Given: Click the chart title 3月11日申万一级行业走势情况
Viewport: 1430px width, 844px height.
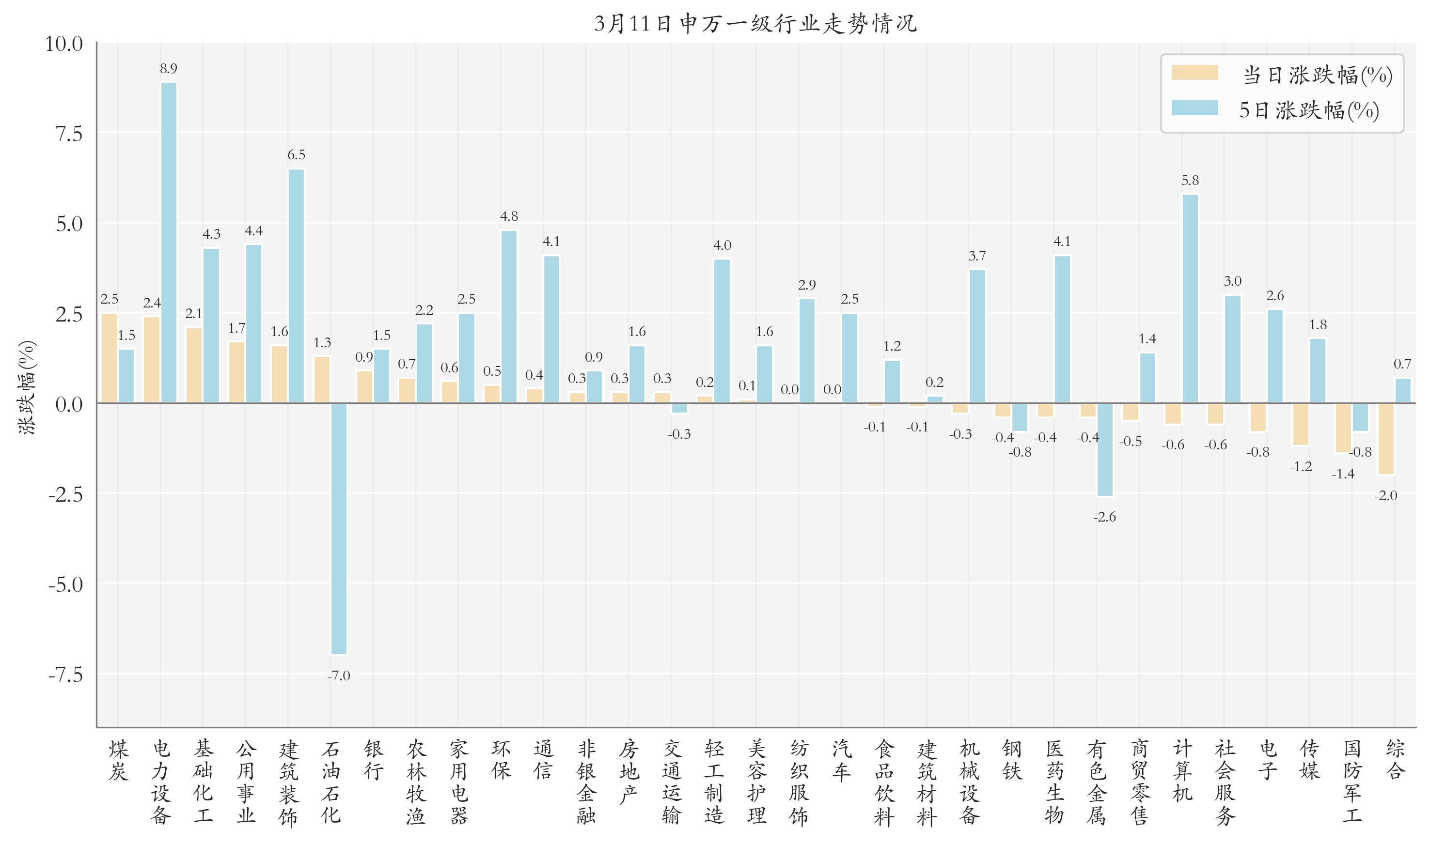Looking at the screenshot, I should pyautogui.click(x=755, y=24).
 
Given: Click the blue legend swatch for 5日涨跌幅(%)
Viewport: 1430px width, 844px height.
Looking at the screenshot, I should pyautogui.click(x=1194, y=108).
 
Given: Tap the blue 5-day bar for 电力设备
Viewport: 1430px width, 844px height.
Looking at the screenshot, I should pyautogui.click(x=169, y=242).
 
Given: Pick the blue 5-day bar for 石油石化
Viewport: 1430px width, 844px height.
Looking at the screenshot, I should pyautogui.click(x=339, y=528).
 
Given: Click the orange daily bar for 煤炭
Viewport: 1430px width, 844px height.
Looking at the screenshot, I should pyautogui.click(x=109, y=358).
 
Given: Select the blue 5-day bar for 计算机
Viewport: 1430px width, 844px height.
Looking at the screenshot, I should pyautogui.click(x=1190, y=299).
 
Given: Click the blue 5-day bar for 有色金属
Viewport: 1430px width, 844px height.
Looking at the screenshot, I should pyautogui.click(x=1104, y=449).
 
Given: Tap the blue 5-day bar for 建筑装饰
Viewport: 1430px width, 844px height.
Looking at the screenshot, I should pyautogui.click(x=296, y=286).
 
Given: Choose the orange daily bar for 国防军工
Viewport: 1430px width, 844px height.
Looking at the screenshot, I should pyautogui.click(x=1343, y=428).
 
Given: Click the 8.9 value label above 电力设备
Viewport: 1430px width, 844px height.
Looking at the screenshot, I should pyautogui.click(x=169, y=69).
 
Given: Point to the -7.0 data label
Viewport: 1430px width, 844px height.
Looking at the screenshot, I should pyautogui.click(x=339, y=675).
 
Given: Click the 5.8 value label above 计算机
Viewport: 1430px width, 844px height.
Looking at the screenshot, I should pyautogui.click(x=1190, y=181).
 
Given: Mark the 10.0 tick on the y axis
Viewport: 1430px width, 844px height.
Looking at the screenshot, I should pyautogui.click(x=64, y=44).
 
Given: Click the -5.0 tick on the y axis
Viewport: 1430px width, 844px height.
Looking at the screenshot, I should pyautogui.click(x=65, y=584).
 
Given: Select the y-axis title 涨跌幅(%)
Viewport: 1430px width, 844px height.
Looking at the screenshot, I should pyautogui.click(x=27, y=387).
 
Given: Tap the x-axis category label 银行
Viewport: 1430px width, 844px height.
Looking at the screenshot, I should pyautogui.click(x=373, y=760).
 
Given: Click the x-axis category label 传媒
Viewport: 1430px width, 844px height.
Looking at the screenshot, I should pyautogui.click(x=1309, y=760).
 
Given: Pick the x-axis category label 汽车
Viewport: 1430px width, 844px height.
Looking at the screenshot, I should pyautogui.click(x=842, y=760).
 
